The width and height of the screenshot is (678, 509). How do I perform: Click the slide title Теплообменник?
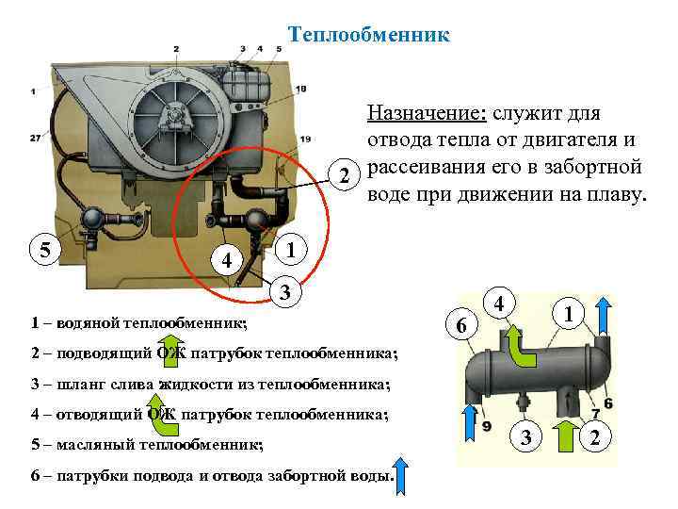[x=369, y=35]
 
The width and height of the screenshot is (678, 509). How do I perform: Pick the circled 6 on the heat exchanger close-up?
[x=460, y=326]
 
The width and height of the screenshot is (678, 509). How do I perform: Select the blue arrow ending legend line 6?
[x=399, y=472]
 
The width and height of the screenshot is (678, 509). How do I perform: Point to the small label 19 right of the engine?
[x=305, y=139]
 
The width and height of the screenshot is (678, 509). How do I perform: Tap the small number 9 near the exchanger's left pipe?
[x=487, y=427]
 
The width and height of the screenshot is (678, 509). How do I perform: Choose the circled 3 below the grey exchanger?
[x=527, y=436]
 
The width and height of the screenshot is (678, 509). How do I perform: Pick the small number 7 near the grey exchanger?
[x=597, y=416]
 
